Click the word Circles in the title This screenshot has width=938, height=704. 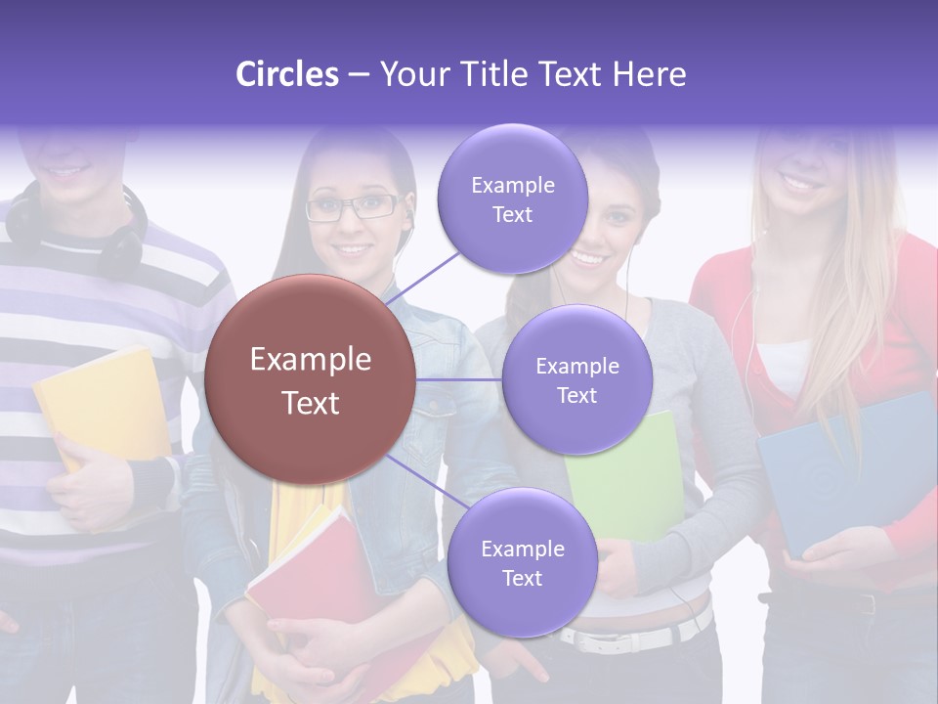[287, 74]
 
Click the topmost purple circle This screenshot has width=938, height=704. [512, 198]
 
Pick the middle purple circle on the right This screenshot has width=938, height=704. [576, 379]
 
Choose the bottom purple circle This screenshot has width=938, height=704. [522, 562]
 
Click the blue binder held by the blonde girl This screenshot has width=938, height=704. [840, 469]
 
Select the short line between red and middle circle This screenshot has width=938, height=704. [459, 379]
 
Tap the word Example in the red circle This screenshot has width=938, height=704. [311, 360]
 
